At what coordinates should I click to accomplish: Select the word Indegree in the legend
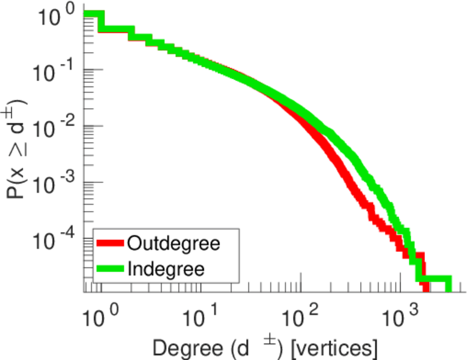click(166, 268)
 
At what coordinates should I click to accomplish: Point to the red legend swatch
click(110, 244)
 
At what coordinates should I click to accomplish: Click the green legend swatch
click(110, 268)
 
